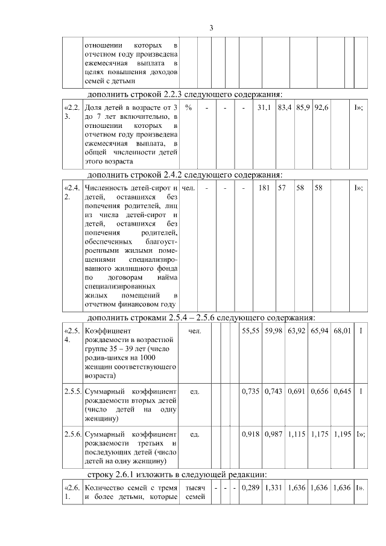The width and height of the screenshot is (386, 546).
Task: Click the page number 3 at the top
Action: [x=211, y=28]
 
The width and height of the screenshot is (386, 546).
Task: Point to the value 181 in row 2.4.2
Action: [x=264, y=188]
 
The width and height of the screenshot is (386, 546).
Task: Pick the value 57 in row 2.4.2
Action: [x=282, y=188]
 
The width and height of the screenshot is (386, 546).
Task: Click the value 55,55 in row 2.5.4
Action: [x=251, y=331]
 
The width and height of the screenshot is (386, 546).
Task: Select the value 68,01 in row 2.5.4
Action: [x=343, y=331]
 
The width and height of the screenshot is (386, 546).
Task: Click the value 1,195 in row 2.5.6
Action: [x=343, y=434]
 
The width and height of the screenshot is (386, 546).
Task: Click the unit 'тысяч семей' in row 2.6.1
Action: [x=195, y=492]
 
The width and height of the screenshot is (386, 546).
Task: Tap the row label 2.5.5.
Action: [x=72, y=392]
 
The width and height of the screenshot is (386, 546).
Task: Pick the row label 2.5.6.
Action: [x=72, y=434]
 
